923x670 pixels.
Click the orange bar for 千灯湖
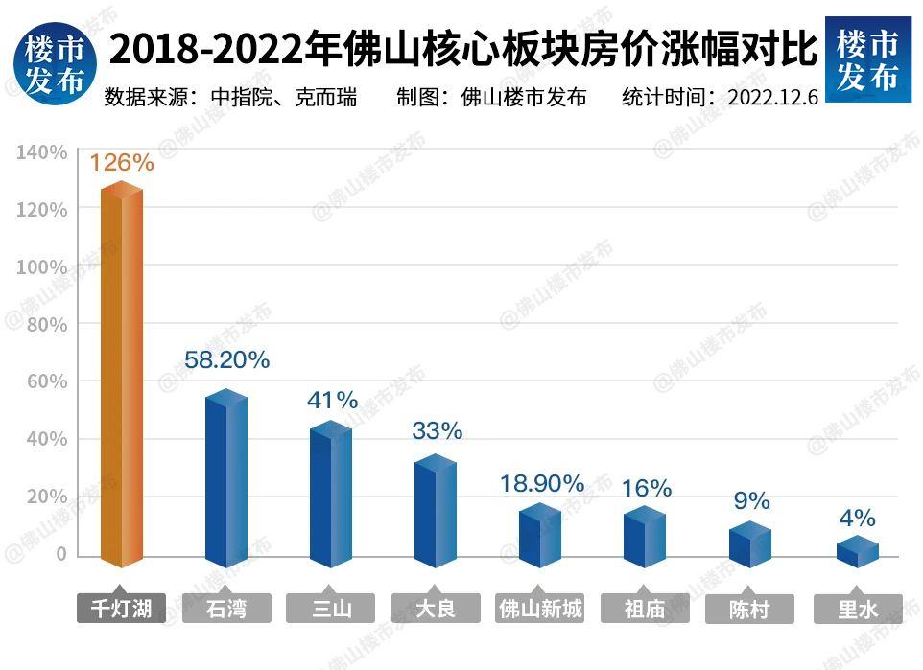122,374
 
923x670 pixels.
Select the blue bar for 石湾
226,479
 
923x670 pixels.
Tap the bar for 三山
331,494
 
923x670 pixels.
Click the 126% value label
122,162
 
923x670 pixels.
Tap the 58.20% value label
226,360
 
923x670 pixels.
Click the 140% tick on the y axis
41,152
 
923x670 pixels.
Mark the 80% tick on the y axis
46,325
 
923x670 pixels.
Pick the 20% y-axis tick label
46,497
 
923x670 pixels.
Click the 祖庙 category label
645,609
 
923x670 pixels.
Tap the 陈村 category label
749,609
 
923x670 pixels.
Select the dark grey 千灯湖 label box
122,609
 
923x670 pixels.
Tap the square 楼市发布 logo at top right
867,58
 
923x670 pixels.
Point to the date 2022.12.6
772,98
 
